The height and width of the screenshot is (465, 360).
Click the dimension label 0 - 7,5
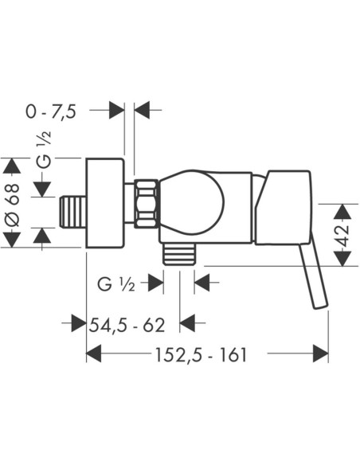coord(51,111)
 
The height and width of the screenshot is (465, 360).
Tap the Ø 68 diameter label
coord(13,205)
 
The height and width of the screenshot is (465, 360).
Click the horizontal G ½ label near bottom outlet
coord(116,285)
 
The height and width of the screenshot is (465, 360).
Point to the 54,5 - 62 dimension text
coord(127,325)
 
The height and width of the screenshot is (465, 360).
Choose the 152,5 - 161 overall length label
coord(201,354)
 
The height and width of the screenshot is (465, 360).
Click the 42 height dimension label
coord(343,236)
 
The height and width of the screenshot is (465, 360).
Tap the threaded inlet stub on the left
coord(73,212)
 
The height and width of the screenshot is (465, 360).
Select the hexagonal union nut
coord(146,204)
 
